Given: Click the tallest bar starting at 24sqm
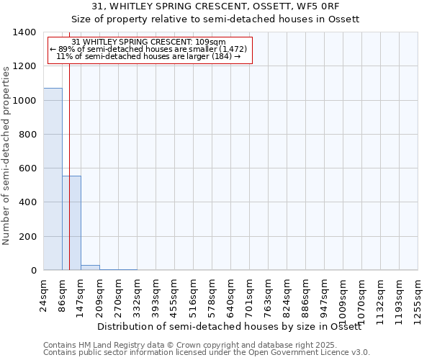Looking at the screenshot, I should pos(53,179).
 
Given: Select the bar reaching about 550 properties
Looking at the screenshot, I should pos(71,223).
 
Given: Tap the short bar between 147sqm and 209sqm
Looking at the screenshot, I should pos(90,268).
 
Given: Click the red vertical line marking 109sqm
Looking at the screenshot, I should pos(69,144).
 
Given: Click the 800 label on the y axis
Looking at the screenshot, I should pos(28,135).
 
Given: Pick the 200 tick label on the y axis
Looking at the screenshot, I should pos(28,237).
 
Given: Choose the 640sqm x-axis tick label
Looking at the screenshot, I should pos(231,293).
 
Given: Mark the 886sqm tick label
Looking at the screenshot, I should pos(306,293).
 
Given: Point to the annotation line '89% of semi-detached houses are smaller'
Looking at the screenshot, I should pos(149,49).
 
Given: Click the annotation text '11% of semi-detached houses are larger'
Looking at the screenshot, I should pos(148,56).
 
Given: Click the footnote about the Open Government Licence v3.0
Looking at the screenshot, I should pos(206,353).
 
